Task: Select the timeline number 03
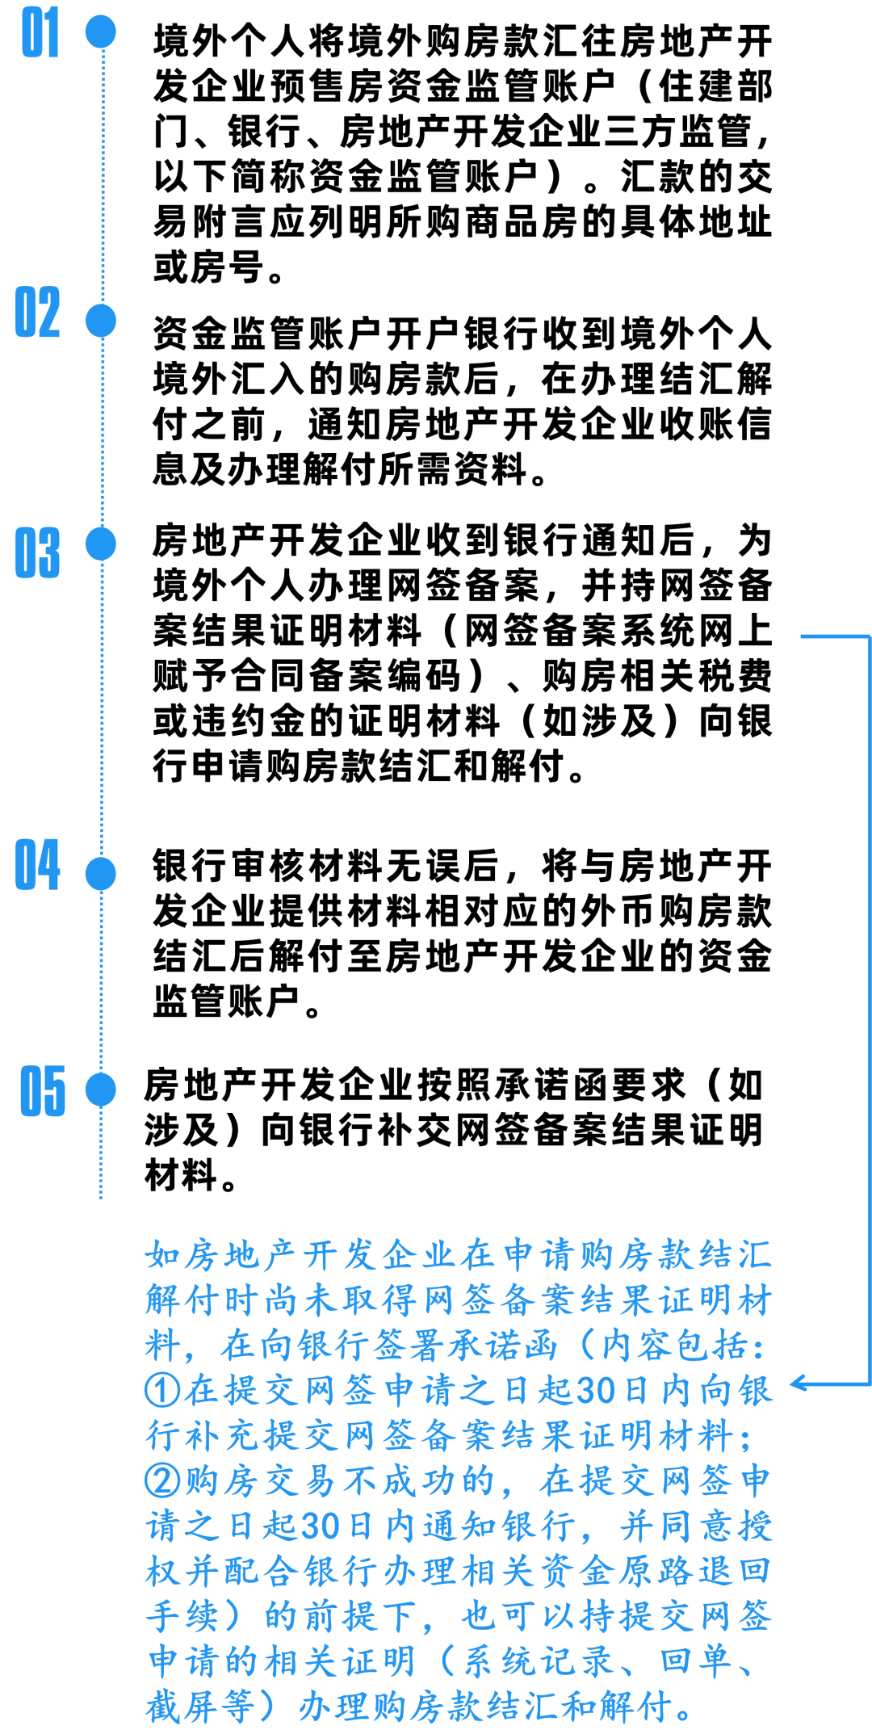(x=38, y=552)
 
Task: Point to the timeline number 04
(x=38, y=864)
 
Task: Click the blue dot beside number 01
(x=100, y=31)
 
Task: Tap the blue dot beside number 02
(x=100, y=320)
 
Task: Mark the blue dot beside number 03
(x=100, y=544)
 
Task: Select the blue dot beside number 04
(x=100, y=874)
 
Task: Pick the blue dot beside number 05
(x=100, y=1090)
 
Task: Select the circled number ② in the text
(x=160, y=1480)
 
